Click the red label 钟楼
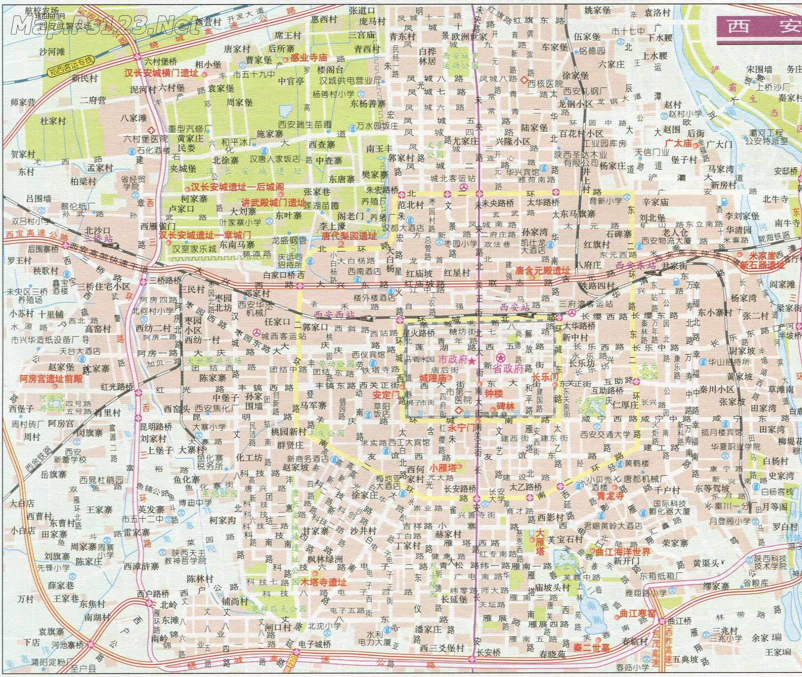point(493,394)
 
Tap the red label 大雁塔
point(541,536)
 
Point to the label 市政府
point(453,360)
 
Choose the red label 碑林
point(505,406)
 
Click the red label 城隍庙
point(432,378)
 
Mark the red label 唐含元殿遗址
point(542,271)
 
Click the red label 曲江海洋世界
point(623,552)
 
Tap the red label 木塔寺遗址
point(323,582)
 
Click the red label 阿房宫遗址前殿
point(51,379)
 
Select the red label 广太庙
point(678,143)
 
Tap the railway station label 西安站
point(514,307)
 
